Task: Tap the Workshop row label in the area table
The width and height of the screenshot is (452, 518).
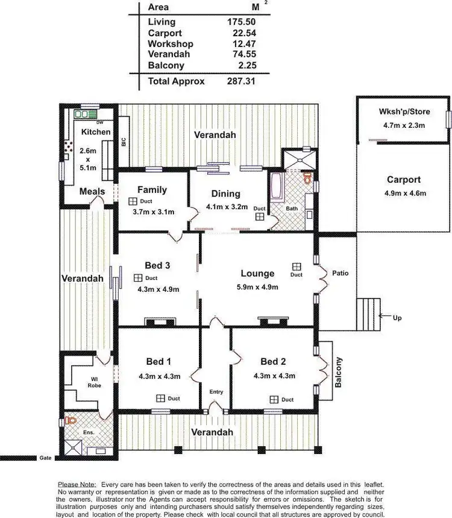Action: click(171, 44)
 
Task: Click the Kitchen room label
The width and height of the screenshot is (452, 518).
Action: click(96, 131)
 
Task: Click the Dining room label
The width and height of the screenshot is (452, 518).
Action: click(226, 194)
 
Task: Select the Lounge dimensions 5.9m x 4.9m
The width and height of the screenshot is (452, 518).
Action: click(257, 287)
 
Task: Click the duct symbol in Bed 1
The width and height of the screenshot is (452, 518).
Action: click(160, 398)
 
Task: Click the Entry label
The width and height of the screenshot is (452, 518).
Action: click(216, 392)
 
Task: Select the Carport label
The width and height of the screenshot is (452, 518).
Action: click(404, 180)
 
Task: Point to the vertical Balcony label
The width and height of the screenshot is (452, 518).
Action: click(339, 372)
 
